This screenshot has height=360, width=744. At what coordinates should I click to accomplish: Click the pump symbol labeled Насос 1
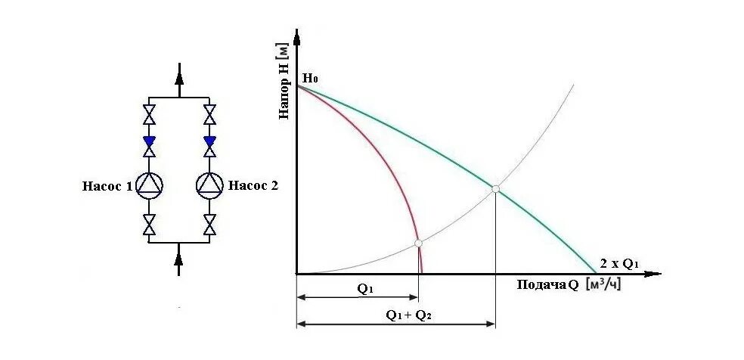click(x=150, y=185)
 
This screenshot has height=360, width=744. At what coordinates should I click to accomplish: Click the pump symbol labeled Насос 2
click(x=209, y=185)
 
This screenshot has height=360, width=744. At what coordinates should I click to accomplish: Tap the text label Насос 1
click(x=107, y=185)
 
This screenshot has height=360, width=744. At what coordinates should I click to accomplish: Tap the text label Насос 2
click(x=253, y=185)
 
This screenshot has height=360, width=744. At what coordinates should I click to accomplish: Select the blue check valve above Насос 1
click(x=150, y=141)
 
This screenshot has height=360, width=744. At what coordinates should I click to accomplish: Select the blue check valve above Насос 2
click(x=209, y=141)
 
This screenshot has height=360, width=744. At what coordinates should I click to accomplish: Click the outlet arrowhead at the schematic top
click(x=179, y=73)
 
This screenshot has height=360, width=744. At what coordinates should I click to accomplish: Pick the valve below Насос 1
click(x=150, y=224)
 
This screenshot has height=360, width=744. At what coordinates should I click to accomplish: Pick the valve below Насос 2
click(x=209, y=224)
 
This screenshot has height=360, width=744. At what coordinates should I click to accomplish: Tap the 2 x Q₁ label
click(x=620, y=263)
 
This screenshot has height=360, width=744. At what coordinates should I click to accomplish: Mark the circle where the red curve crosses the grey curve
click(x=418, y=243)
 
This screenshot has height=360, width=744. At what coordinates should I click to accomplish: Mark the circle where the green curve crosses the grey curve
click(x=495, y=188)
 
